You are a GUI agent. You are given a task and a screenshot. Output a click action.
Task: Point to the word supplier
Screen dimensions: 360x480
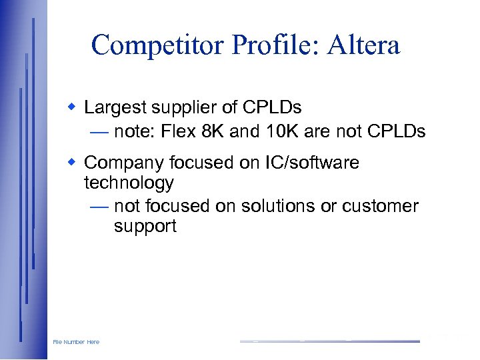[x=189, y=108]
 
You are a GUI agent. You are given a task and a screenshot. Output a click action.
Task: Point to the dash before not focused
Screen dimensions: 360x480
[x=99, y=207]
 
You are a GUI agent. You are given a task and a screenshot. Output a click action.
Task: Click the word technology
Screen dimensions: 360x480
[x=129, y=183]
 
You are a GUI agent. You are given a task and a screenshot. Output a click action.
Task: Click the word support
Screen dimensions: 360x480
[x=145, y=227]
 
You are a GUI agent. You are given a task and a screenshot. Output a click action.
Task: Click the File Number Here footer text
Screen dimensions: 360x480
[x=76, y=342]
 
